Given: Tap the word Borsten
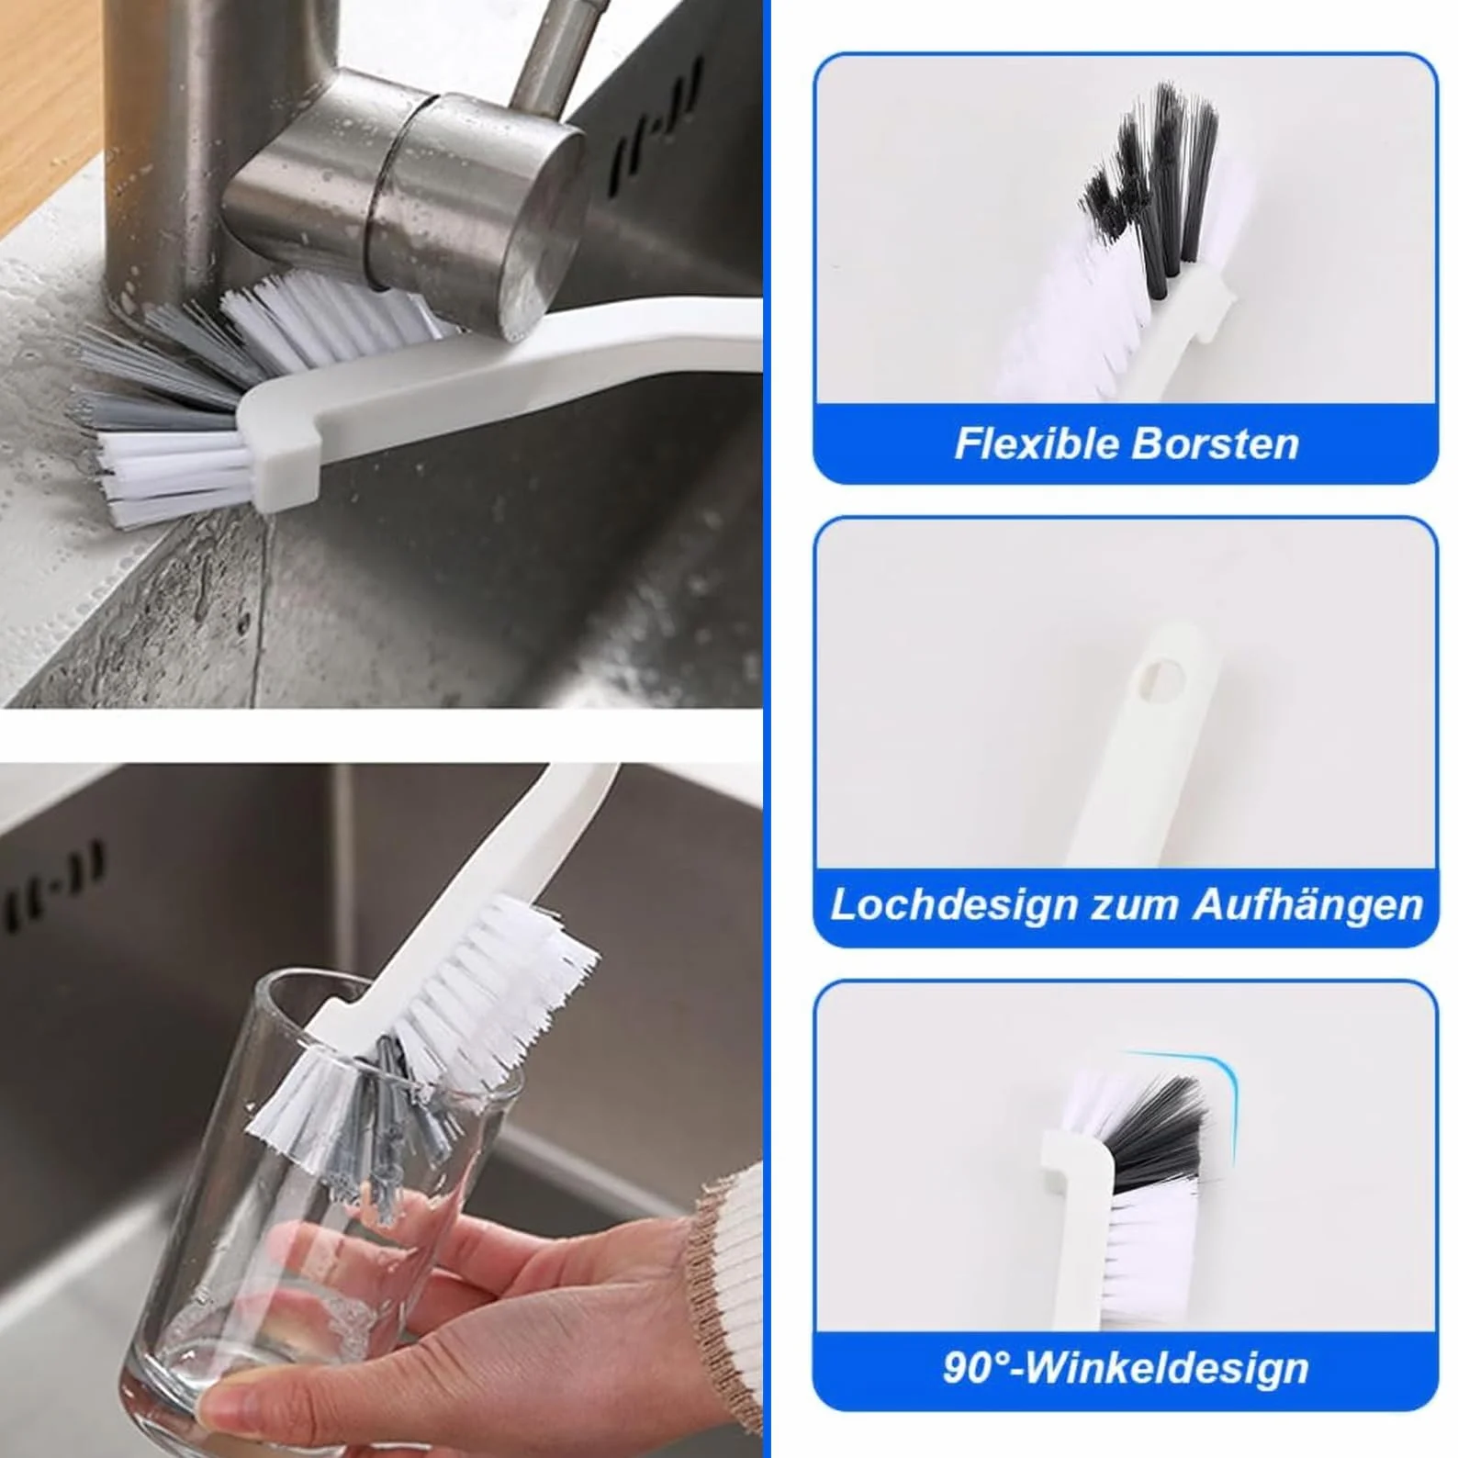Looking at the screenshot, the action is [x=1214, y=443].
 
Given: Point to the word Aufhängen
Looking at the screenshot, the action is [x=1307, y=906].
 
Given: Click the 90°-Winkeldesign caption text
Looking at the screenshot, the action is [x=1126, y=1367].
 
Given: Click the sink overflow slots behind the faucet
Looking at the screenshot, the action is [x=657, y=119].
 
